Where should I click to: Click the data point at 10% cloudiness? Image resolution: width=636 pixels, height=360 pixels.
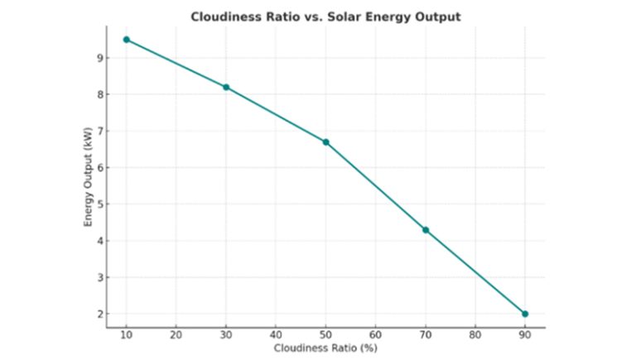pos(126,40)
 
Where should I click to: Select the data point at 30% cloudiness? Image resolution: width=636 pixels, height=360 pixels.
pos(226,87)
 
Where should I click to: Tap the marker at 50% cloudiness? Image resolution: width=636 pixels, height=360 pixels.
pos(325,142)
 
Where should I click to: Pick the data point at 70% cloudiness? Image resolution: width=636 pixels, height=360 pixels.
pos(426,230)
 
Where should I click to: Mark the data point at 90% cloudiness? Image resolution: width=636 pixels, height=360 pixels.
pos(525,314)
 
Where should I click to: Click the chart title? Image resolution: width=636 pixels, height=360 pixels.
pos(325,17)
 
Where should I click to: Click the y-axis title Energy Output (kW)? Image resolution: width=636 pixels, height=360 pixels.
pos(88,178)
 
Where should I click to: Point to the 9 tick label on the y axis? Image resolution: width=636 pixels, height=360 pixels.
pos(98,58)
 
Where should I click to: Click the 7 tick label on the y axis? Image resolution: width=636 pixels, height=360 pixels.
pos(98,131)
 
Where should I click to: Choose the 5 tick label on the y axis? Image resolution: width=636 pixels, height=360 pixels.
pos(98,204)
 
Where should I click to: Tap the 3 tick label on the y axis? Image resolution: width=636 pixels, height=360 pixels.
pos(98,277)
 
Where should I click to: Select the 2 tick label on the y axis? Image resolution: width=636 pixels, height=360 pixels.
pos(98,314)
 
